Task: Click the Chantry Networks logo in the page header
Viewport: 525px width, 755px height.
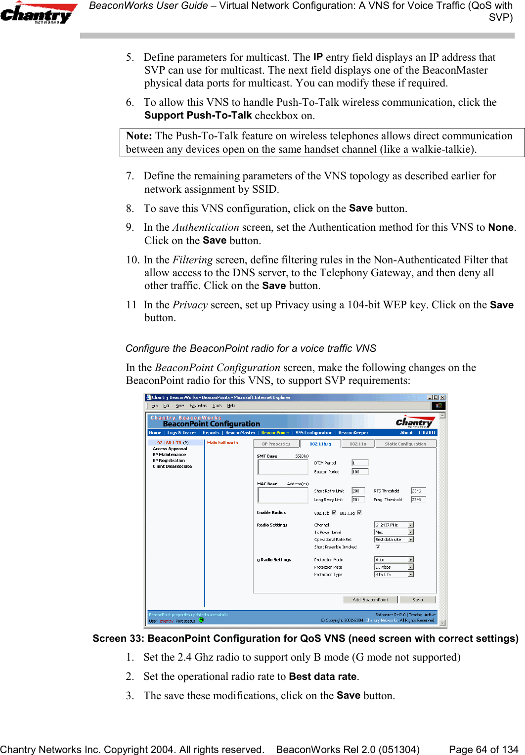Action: [39, 13]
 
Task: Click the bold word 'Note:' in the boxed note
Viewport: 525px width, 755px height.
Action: [139, 136]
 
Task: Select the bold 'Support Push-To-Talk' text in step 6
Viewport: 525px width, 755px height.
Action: [198, 115]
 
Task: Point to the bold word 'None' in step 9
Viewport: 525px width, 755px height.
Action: [501, 227]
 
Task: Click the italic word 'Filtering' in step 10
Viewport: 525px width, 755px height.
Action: [192, 260]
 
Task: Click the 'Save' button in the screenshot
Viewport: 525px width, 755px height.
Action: [417, 600]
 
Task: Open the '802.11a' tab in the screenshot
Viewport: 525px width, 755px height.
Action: [358, 444]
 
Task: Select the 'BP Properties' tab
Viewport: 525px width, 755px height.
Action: [276, 444]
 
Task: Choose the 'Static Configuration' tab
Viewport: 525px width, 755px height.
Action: [405, 444]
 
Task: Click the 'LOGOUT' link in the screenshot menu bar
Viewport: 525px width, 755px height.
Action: [427, 432]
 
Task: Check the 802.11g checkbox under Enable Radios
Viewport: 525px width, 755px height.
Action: [359, 512]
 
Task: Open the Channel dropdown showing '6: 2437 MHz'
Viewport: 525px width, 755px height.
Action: [394, 525]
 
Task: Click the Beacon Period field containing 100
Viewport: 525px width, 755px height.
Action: [359, 472]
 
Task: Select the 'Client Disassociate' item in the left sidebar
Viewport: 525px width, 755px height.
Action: [172, 466]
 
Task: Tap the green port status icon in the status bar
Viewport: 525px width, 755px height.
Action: [201, 620]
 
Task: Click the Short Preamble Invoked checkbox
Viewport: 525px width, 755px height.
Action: [378, 547]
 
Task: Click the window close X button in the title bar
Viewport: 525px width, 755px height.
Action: [442, 397]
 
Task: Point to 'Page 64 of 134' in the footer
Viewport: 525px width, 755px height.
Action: [483, 749]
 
